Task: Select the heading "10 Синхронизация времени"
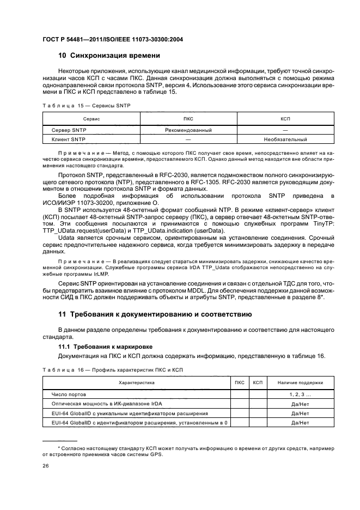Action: (x=109, y=56)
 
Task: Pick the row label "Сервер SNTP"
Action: (x=69, y=130)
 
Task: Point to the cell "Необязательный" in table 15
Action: (x=285, y=139)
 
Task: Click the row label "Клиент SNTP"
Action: (x=69, y=139)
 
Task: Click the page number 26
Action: (x=46, y=466)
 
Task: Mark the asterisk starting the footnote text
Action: (x=60, y=447)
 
